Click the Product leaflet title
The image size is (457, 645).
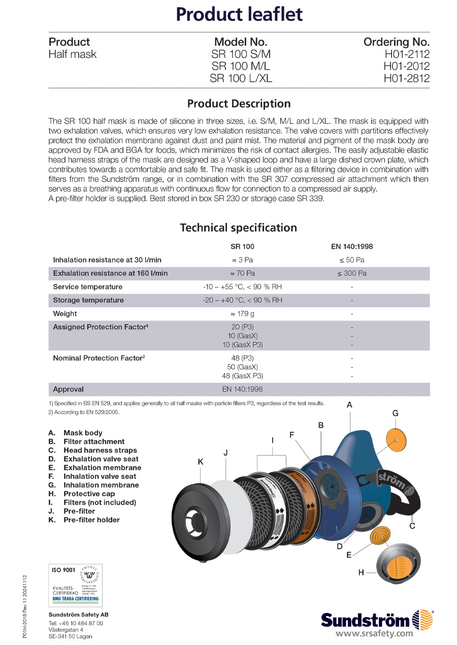coord(239,14)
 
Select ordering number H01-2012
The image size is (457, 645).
coord(406,67)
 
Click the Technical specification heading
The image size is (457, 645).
coord(239,228)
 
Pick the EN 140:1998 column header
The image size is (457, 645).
coord(352,247)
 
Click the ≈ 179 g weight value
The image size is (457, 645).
coord(242,314)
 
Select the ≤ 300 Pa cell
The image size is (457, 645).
coord(352,274)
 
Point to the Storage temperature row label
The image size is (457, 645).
coord(88,300)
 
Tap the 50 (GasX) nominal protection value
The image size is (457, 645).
coord(242,367)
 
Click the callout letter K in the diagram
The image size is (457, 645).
coord(201,462)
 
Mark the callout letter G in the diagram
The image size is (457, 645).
coord(396,413)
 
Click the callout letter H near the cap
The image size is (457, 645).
coord(361,572)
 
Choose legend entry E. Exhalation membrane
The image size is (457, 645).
coord(95,468)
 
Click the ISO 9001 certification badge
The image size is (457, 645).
coord(75,585)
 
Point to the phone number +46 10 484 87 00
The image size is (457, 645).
coord(76,623)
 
